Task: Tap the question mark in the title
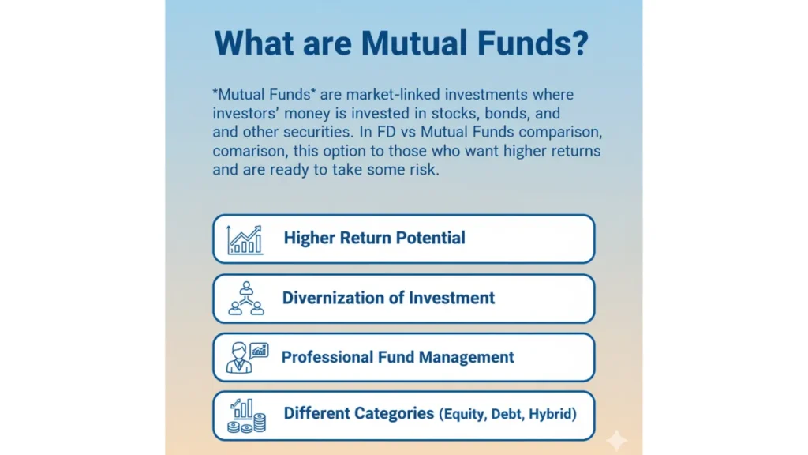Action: click(580, 43)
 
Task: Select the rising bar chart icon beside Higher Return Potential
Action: click(245, 240)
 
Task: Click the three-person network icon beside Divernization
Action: click(246, 298)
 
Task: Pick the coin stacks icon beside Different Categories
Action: click(247, 416)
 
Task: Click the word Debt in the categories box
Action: click(507, 414)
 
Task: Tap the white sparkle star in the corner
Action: click(616, 440)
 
